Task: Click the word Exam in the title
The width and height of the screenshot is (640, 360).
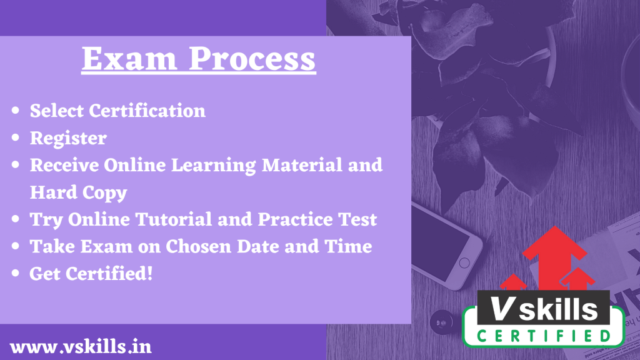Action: click(x=129, y=59)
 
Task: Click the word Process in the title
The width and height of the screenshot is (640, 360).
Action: click(x=252, y=59)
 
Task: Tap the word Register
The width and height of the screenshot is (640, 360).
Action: click(x=68, y=139)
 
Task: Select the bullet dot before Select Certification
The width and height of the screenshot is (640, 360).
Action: click(x=16, y=111)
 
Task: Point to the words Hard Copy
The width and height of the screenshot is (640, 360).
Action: click(x=78, y=193)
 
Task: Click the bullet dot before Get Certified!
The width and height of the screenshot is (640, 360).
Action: click(x=16, y=274)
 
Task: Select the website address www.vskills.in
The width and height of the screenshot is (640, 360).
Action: click(x=81, y=347)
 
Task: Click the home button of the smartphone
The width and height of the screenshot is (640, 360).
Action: click(x=464, y=263)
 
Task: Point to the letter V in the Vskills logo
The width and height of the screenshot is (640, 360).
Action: click(x=502, y=308)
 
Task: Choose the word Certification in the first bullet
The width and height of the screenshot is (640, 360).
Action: click(x=147, y=111)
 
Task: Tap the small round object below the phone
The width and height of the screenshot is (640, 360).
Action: click(x=441, y=322)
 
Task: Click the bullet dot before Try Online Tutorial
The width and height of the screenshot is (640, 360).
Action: click(x=16, y=219)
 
